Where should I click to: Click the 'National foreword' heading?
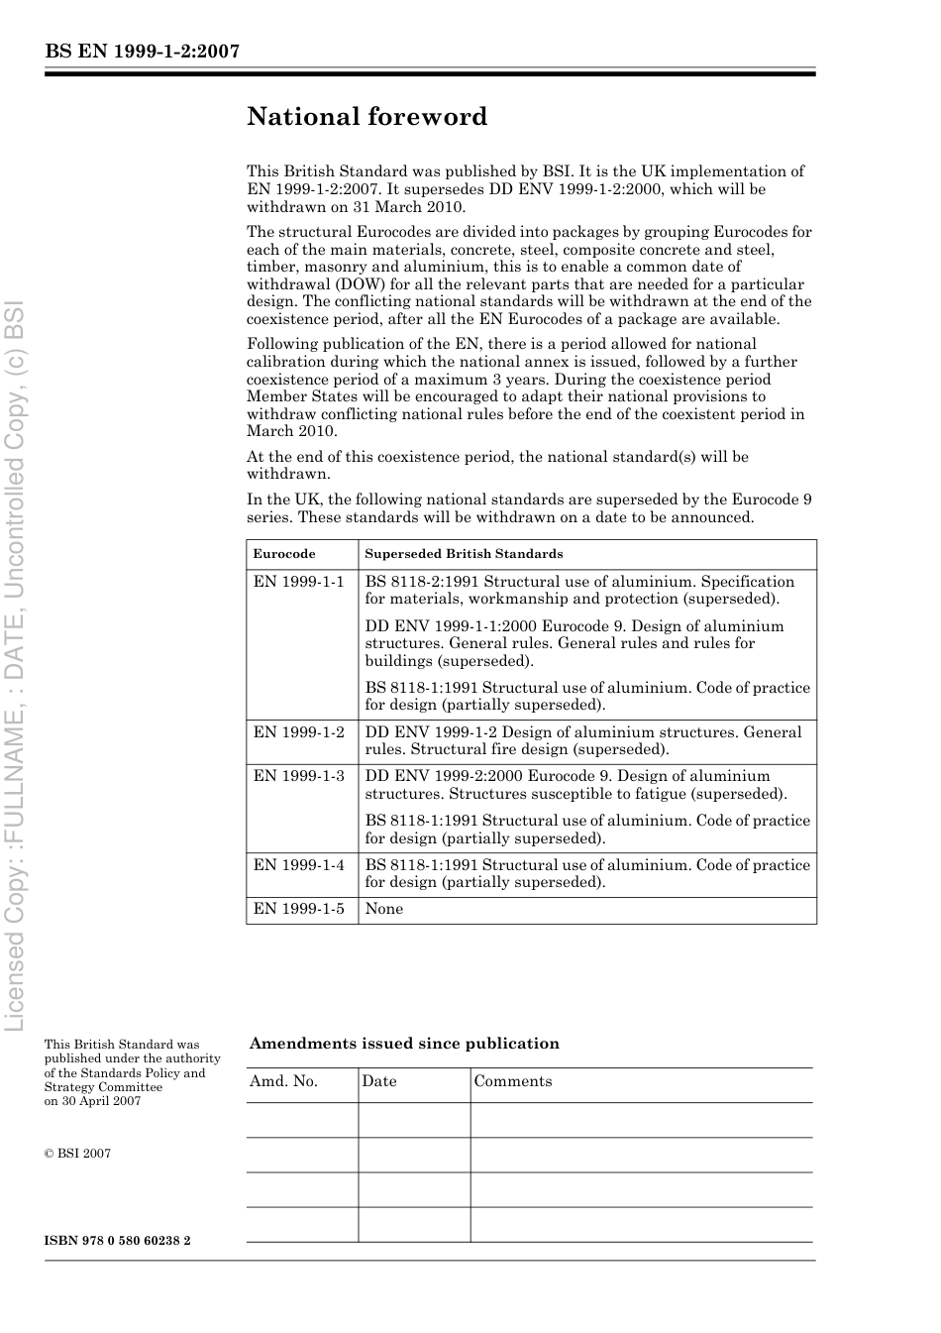(366, 117)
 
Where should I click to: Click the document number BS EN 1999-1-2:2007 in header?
(142, 53)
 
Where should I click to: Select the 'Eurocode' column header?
(284, 554)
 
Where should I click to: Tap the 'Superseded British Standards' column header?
(464, 554)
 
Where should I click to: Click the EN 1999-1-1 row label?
(298, 582)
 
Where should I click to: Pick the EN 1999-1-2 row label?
(298, 732)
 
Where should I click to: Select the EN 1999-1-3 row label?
(298, 776)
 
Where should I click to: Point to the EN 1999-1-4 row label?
(298, 865)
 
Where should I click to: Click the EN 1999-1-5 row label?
(298, 909)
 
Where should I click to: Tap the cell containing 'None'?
(384, 909)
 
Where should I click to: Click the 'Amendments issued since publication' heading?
(404, 1044)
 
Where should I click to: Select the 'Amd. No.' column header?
(283, 1081)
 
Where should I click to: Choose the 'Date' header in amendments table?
(378, 1081)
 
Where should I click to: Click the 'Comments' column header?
(512, 1081)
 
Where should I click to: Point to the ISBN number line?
(117, 1241)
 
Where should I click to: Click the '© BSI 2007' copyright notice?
(77, 1154)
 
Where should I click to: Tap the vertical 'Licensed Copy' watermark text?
(15, 664)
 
